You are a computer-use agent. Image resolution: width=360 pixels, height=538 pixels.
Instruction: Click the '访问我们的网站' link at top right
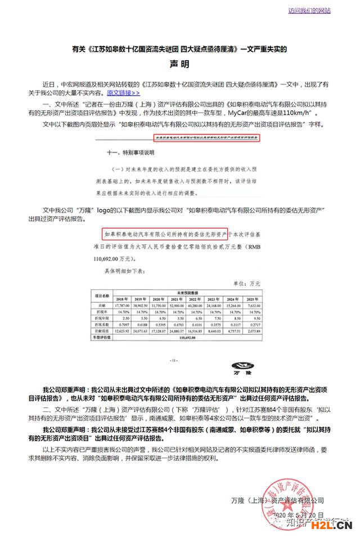309,11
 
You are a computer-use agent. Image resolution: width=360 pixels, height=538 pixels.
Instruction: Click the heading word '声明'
181,64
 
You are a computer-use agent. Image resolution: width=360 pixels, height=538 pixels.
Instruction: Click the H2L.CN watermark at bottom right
337,527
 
